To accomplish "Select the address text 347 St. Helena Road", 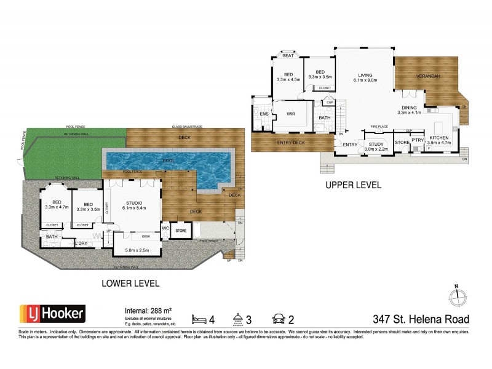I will point(421,319).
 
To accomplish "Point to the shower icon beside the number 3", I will point(237,319).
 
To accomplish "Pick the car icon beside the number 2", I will point(277,319).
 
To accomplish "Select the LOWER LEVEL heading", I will point(131,284).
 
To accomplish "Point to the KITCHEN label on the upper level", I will point(439,138).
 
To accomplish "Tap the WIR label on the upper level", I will point(293,114).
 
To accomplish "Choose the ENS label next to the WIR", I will point(263,114).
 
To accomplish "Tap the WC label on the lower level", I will point(165,228).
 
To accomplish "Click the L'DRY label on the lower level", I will point(81,243).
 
